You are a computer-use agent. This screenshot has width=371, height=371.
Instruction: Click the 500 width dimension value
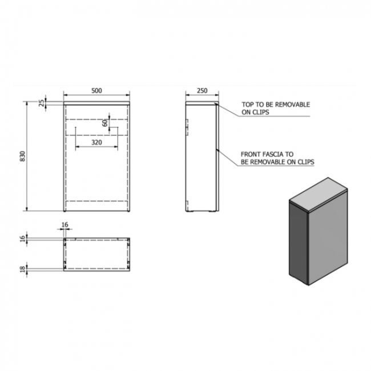click(97, 90)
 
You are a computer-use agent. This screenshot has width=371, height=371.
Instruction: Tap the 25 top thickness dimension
click(41, 103)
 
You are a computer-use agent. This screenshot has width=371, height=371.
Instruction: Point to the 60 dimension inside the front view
click(105, 123)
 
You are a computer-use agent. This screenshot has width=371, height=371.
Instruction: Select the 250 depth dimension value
click(201, 90)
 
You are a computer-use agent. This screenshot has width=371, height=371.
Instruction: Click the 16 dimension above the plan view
click(64, 225)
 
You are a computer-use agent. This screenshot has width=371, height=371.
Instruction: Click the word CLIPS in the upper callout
click(260, 112)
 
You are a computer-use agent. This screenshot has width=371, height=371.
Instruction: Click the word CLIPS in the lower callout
click(303, 162)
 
